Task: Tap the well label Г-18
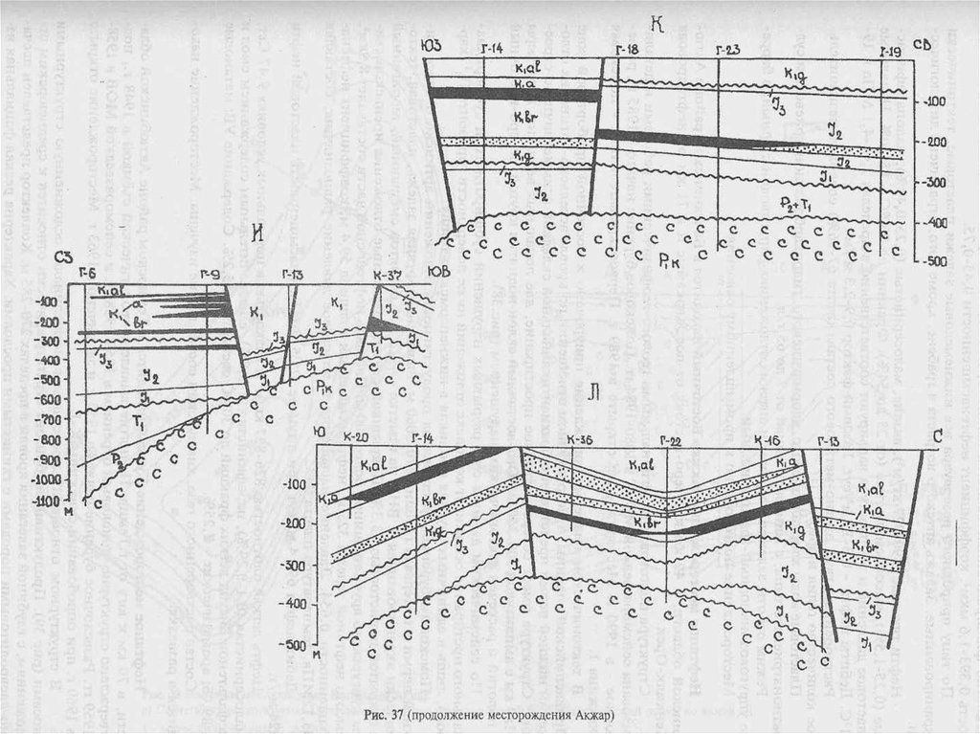point(627,47)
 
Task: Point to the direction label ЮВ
point(442,269)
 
